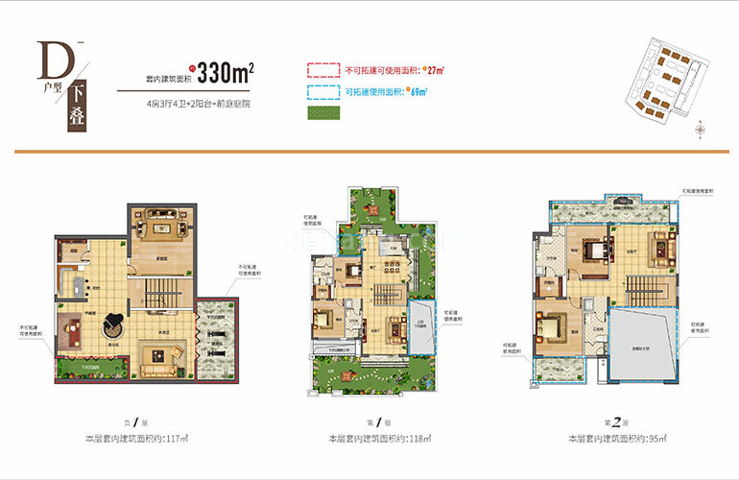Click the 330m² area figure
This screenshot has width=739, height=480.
(x=225, y=73)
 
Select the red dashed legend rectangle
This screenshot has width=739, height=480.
(x=322, y=71)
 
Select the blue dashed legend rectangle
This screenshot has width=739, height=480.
(x=322, y=92)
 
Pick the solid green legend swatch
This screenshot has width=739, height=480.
(x=322, y=113)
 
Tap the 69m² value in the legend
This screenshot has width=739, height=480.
(x=417, y=92)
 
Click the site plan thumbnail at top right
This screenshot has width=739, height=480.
(x=661, y=83)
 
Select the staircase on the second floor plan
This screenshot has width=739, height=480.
(x=640, y=286)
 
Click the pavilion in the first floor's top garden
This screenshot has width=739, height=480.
(x=371, y=203)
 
